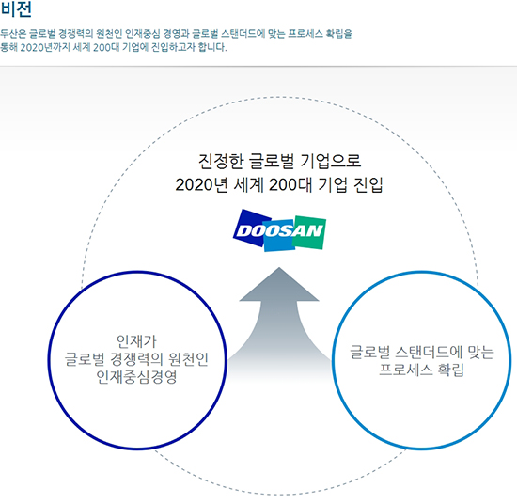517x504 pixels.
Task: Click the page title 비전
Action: click(16, 8)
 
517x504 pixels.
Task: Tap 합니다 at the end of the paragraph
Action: click(212, 47)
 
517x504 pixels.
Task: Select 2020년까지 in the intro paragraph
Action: click(44, 47)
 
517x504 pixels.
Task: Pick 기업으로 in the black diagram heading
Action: click(331, 162)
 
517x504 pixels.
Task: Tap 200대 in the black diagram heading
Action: click(290, 184)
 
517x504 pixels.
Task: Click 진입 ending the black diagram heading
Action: click(368, 184)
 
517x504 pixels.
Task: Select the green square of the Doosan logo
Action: click(310, 232)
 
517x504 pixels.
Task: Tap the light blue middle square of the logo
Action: click(278, 236)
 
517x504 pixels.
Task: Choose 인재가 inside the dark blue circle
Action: click(136, 341)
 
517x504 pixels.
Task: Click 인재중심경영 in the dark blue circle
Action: click(136, 377)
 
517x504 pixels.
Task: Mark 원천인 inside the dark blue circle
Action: click(188, 359)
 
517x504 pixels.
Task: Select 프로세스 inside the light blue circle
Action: click(405, 370)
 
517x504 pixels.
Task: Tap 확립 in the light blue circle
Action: click(450, 370)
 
